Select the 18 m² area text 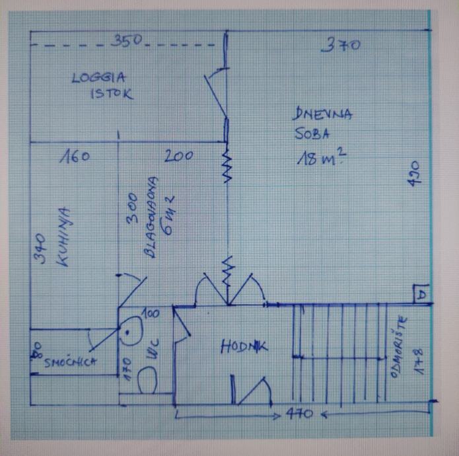(322, 159)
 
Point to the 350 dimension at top (126, 41)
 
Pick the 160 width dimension (74, 157)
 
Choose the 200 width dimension (178, 157)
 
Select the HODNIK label (244, 346)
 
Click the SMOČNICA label (71, 361)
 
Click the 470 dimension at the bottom (299, 415)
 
